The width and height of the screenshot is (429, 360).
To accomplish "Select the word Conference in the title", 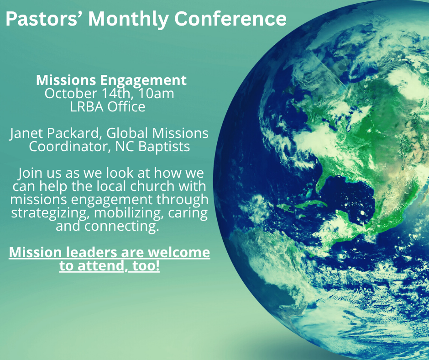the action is point(230,19).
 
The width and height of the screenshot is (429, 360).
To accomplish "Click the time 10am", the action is point(156,94).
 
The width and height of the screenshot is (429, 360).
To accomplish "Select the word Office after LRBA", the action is point(126,106).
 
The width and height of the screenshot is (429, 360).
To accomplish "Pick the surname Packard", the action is point(73,133).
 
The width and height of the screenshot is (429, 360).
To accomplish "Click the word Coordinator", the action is point(70,146).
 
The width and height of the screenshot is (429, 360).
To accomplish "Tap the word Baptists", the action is point(164,147).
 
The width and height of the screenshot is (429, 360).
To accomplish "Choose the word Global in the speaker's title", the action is point(127,133).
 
